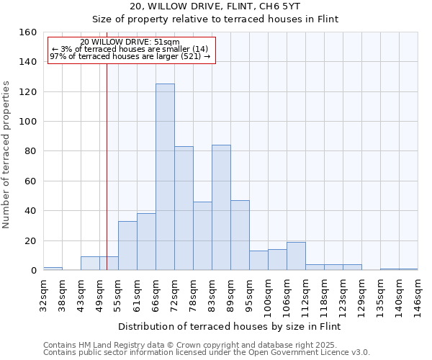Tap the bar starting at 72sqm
(184, 208)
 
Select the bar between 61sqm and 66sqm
(146, 242)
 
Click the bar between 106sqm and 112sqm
(296, 256)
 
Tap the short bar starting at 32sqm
(53, 269)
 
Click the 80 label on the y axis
(30, 151)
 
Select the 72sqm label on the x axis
(175, 294)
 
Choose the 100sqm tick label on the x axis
(269, 296)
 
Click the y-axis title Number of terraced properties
(7, 155)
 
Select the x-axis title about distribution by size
(228, 326)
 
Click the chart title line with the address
(217, 6)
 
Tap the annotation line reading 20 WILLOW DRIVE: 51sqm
(130, 42)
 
